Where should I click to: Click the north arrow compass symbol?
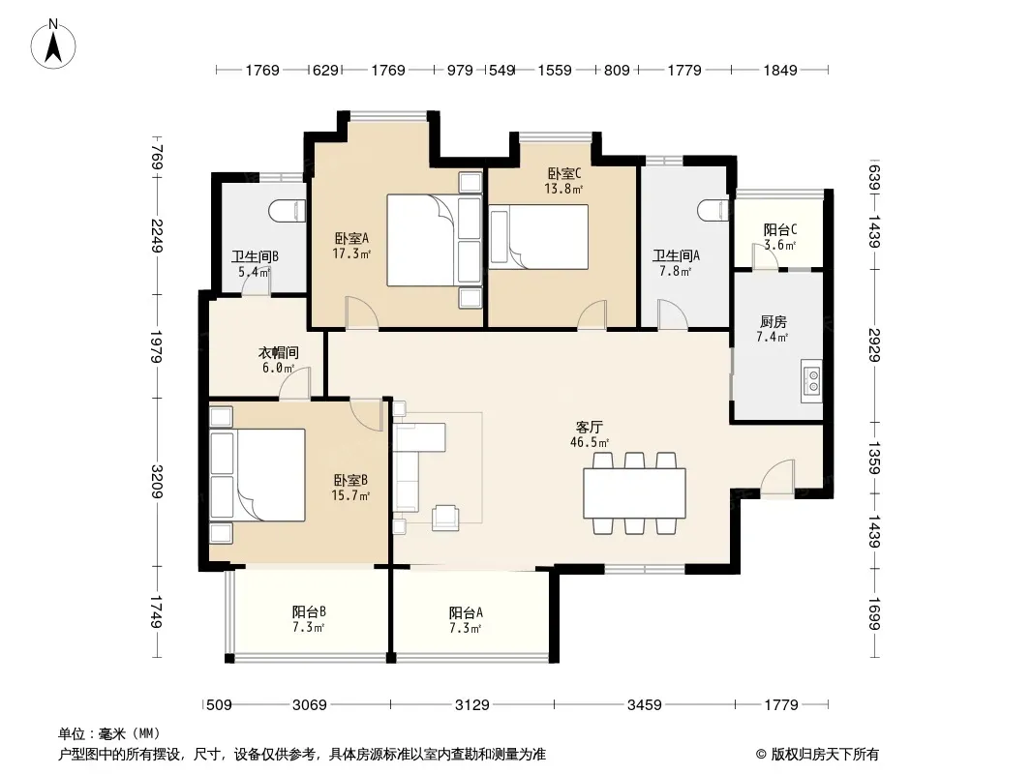[x=53, y=45]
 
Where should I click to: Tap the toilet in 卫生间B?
[x=288, y=211]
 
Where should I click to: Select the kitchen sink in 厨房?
[x=811, y=381]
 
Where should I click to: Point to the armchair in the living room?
[x=445, y=518]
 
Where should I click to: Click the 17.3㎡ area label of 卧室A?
[x=351, y=253]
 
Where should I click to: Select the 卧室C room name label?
[x=564, y=173]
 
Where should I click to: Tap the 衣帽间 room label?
[x=279, y=353]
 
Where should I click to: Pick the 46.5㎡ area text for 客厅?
[x=589, y=442]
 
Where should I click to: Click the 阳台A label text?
[x=466, y=612]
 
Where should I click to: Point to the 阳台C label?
[x=780, y=229]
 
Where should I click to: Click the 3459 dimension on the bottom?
[x=644, y=705]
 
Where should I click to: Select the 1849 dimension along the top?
[x=780, y=70]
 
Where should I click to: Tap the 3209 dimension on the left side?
[x=157, y=482]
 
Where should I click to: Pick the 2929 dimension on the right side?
[x=874, y=344]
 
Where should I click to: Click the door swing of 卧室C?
[x=592, y=313]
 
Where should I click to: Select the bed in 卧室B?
[x=258, y=475]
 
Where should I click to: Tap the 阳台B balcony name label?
[x=309, y=612]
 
